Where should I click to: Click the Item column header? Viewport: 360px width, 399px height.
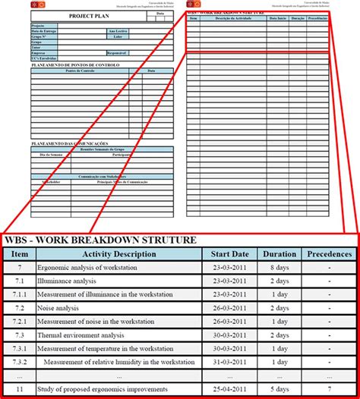(x=21, y=254)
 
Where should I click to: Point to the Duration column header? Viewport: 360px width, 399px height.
(x=278, y=254)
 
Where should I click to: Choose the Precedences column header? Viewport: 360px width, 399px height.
(x=329, y=254)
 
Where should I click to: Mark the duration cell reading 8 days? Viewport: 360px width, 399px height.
(x=278, y=268)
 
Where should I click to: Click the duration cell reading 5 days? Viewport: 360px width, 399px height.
(x=278, y=389)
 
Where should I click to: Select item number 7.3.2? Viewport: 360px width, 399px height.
(x=21, y=362)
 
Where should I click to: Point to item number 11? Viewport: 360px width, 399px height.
(x=21, y=389)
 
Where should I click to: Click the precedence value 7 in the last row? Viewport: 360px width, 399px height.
(x=329, y=389)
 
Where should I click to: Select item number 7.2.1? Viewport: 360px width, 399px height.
(x=21, y=322)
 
